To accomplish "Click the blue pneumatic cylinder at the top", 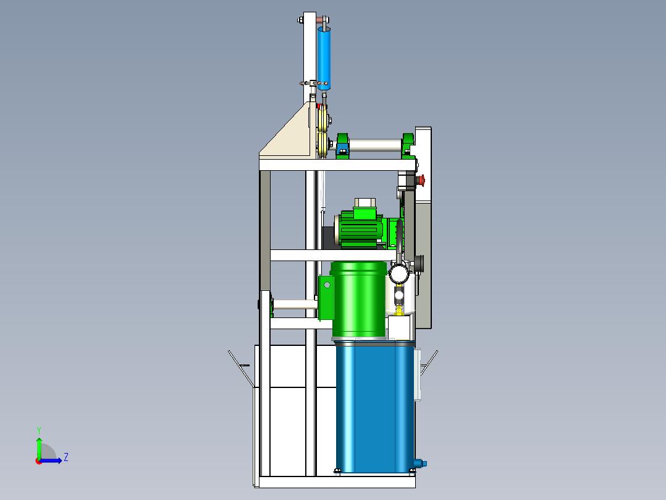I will tap(324, 59).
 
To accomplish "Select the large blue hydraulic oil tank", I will tap(374, 405).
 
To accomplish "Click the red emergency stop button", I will tap(423, 180).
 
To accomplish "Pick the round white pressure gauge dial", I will tap(398, 273).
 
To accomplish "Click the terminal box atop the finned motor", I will tap(365, 204).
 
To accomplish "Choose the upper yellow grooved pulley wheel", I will tap(322, 118).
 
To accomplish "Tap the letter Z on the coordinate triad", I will tap(65, 457).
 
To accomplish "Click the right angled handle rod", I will tap(429, 363).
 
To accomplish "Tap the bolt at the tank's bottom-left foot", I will tap(338, 472).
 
